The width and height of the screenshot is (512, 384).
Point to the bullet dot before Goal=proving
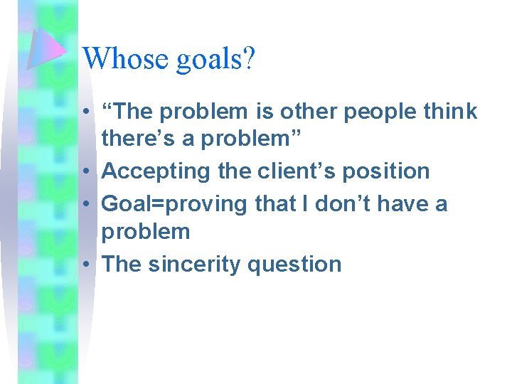pos(85,205)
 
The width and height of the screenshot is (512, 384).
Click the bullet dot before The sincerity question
pos(85,265)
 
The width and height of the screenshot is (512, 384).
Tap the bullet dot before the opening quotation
pos(85,112)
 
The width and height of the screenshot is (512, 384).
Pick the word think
pos(448,112)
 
